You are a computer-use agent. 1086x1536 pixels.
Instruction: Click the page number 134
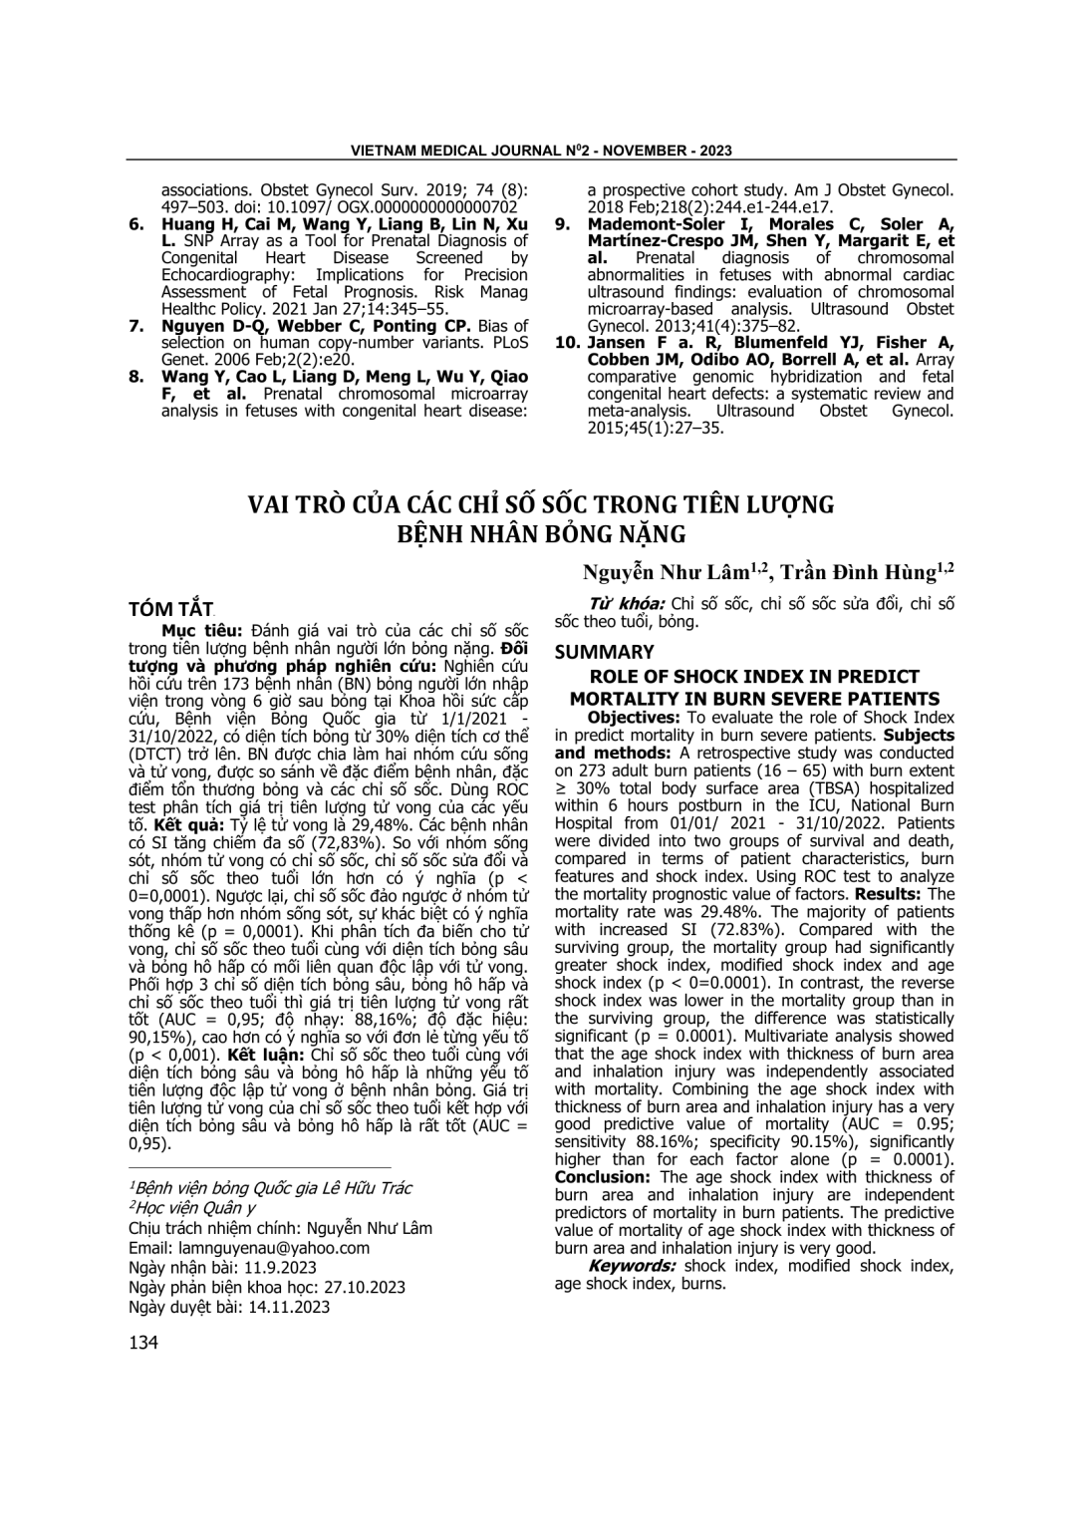[143, 1343]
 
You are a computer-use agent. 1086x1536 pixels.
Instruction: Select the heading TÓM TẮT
[171, 608]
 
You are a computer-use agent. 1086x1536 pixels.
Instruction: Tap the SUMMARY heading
[604, 652]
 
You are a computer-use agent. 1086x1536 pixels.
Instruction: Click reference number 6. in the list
[137, 224]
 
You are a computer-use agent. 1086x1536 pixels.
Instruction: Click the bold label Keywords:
[632, 1266]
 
